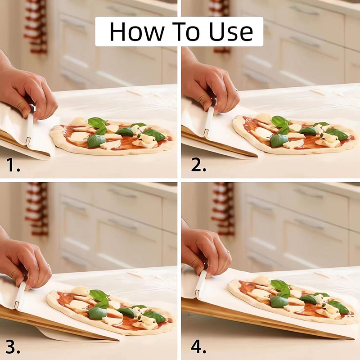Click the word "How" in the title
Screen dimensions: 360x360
[x=137, y=31]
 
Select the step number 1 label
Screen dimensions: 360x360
[x=13, y=165]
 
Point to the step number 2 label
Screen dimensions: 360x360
[x=198, y=165]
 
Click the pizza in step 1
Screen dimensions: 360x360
[x=112, y=136]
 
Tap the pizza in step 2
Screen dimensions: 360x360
[x=295, y=134]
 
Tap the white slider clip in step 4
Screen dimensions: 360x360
[x=200, y=283]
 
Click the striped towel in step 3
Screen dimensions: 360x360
[x=37, y=209]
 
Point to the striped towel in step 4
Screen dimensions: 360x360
[x=223, y=209]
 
